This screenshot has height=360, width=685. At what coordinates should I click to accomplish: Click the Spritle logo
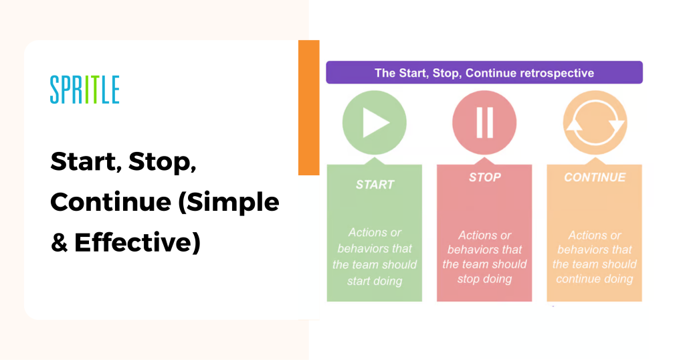(85, 90)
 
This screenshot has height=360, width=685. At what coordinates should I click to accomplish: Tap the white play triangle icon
(375, 122)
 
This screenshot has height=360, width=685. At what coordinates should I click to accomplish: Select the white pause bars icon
(484, 122)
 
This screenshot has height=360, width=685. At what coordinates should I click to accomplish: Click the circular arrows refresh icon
(595, 122)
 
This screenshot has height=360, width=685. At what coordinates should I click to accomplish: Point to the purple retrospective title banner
(484, 72)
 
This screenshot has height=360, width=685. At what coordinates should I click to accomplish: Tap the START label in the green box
(375, 185)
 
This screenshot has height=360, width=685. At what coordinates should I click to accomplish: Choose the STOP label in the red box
(484, 177)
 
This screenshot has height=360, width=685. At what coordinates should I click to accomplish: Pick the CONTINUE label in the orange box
(595, 177)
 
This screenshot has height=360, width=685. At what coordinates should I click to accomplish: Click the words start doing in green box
(375, 281)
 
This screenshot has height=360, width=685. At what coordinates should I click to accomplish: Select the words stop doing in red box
(484, 279)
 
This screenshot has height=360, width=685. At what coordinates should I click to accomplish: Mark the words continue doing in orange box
(594, 279)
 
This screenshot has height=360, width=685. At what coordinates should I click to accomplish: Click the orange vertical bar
(309, 108)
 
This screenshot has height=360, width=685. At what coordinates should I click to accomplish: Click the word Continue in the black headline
(110, 202)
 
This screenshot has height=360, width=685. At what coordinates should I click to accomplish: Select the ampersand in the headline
(59, 243)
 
